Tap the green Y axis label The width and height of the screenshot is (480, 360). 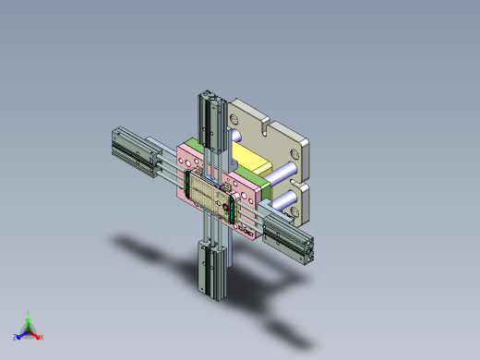pyautogui.click(x=30, y=314)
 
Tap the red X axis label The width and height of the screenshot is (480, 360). pyautogui.click(x=42, y=337)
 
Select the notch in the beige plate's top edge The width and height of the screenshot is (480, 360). pyautogui.click(x=266, y=120)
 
